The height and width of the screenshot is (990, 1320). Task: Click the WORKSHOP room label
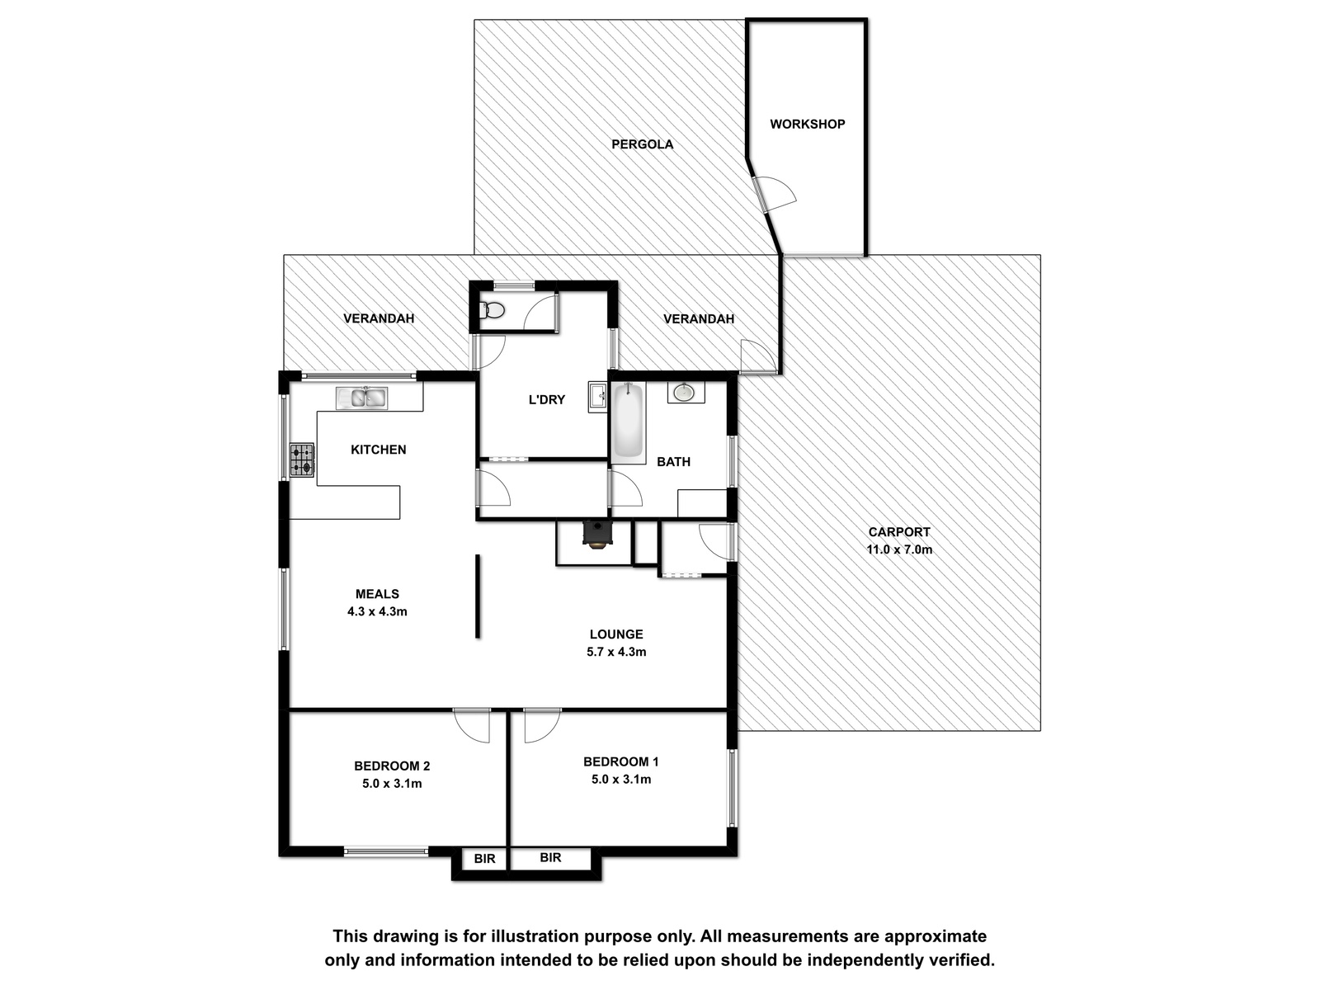click(x=807, y=124)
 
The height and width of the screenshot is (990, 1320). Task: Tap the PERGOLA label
click(x=642, y=144)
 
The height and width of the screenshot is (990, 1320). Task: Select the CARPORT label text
click(x=899, y=532)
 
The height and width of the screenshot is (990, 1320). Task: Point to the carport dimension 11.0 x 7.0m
click(x=899, y=549)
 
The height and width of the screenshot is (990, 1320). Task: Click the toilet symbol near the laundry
click(x=492, y=311)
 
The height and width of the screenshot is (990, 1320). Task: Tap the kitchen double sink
click(x=361, y=398)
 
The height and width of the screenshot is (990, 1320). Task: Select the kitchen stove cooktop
click(x=302, y=460)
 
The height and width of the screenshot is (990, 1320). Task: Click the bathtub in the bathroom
click(x=628, y=422)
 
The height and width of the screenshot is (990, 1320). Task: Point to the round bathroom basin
click(x=684, y=393)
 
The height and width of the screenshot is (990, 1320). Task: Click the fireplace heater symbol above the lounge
click(x=598, y=535)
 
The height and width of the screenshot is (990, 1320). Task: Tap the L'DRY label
click(x=547, y=400)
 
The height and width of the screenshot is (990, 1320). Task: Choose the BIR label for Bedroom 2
click(x=485, y=859)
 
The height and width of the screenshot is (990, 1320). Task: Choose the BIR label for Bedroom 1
click(x=551, y=858)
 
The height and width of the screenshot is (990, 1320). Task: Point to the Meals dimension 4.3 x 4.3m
click(x=377, y=612)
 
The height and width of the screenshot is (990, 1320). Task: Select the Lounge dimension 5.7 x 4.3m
click(x=616, y=653)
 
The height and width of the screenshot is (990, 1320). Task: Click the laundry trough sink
click(x=598, y=397)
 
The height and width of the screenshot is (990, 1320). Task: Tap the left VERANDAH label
click(x=379, y=318)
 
